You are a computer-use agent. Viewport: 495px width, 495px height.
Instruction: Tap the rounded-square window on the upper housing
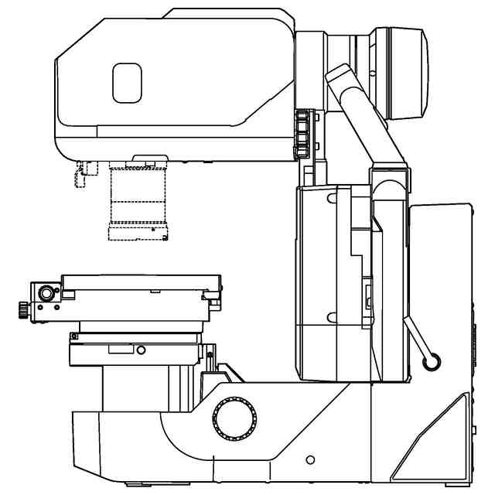point(128,83)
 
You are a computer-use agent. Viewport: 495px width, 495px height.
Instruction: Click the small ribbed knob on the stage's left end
point(18,309)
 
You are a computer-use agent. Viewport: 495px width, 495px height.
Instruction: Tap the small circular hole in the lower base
point(311,460)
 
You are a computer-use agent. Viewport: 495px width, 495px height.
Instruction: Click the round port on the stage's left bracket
point(47,294)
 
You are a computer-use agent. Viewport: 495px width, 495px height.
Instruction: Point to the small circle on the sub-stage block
point(140,350)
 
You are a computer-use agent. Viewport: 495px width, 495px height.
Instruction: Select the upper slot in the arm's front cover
point(332,199)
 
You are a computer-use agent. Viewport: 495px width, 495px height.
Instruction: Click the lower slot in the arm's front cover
point(332,316)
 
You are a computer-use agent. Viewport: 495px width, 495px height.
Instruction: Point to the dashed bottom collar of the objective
point(139,234)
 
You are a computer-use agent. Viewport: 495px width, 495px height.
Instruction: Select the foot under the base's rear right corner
point(457,483)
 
